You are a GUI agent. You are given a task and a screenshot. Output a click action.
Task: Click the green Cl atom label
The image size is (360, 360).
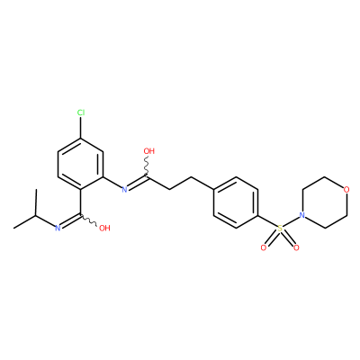(81, 112)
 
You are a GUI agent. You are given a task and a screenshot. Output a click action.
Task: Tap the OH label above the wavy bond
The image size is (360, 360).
(149, 151)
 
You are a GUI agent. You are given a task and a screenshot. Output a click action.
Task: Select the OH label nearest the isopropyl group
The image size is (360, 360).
(104, 228)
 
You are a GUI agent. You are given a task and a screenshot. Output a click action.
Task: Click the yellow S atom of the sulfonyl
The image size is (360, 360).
(280, 229)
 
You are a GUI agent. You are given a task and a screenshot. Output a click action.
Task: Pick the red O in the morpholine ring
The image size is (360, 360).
(346, 190)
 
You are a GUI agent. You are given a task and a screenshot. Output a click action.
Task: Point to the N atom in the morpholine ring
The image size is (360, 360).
(302, 215)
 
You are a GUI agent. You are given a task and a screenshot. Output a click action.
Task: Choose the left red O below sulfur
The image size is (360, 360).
(264, 247)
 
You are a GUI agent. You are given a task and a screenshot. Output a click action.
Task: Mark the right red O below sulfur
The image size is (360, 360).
(296, 247)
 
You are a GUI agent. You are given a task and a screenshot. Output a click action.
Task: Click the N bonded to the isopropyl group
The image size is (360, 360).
(58, 228)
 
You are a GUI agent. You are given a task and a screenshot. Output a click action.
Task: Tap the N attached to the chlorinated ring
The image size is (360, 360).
(125, 190)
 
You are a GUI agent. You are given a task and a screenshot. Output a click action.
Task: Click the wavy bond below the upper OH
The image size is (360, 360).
(148, 166)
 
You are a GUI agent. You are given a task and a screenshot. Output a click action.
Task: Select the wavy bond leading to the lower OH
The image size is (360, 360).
(88, 220)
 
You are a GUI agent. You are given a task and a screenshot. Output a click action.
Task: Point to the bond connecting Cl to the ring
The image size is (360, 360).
(81, 128)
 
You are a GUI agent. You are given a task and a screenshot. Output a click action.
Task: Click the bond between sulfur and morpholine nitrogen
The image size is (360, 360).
(291, 221)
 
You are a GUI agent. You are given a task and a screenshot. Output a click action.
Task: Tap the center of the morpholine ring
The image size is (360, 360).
(325, 202)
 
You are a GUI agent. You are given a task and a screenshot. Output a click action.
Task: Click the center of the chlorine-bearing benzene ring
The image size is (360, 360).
(81, 164)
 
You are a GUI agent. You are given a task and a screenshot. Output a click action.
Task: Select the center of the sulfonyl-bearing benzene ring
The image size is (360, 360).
(236, 202)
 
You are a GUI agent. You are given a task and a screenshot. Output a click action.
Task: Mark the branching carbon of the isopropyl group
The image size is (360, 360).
(36, 215)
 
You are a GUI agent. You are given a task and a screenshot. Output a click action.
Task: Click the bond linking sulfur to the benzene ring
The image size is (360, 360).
(267, 221)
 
